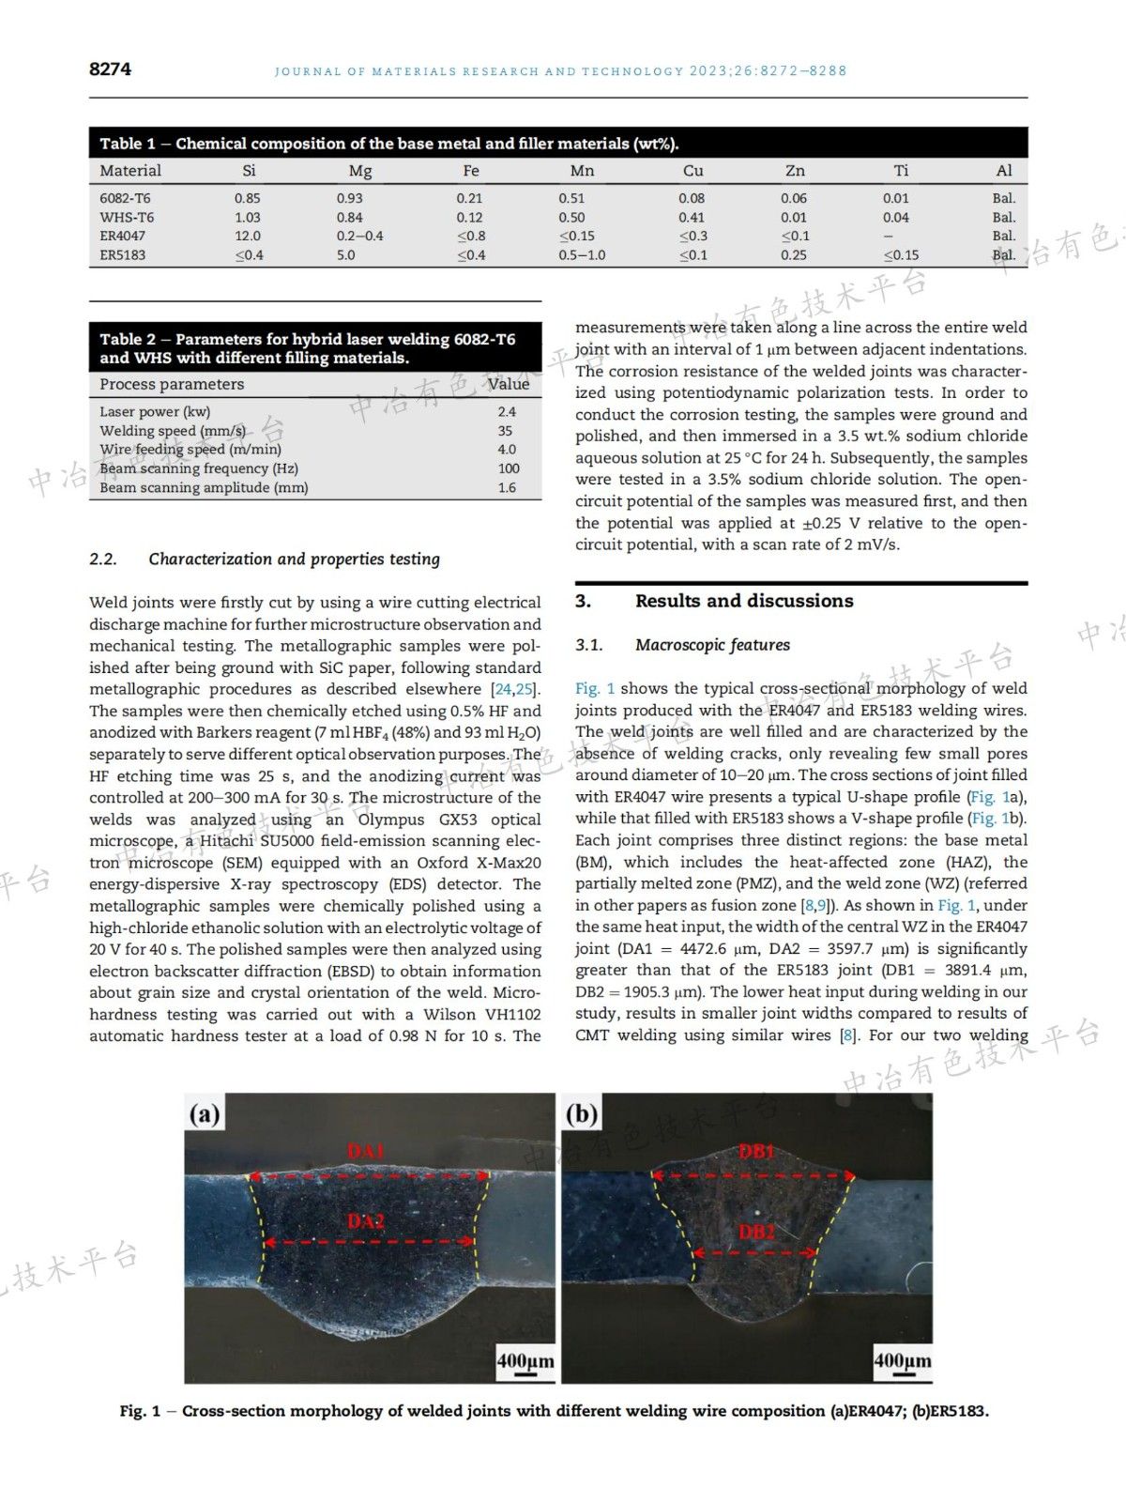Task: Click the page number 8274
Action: point(110,69)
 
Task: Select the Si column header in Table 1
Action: point(249,171)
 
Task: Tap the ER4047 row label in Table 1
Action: point(122,236)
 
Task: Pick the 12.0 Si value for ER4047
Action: point(248,236)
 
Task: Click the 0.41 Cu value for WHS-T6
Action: point(692,217)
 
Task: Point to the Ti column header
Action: point(901,171)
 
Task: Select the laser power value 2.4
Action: point(507,411)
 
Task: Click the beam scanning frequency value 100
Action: point(509,468)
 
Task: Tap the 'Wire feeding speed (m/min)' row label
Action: point(190,450)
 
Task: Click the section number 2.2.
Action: point(103,559)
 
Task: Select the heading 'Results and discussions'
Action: point(744,601)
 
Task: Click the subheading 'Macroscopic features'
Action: point(712,645)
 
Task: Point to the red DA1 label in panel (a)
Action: point(367,1151)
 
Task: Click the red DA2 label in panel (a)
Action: point(367,1221)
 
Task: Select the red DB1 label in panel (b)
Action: point(757,1151)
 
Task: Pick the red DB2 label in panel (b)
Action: point(756,1232)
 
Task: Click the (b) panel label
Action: point(582,1114)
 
